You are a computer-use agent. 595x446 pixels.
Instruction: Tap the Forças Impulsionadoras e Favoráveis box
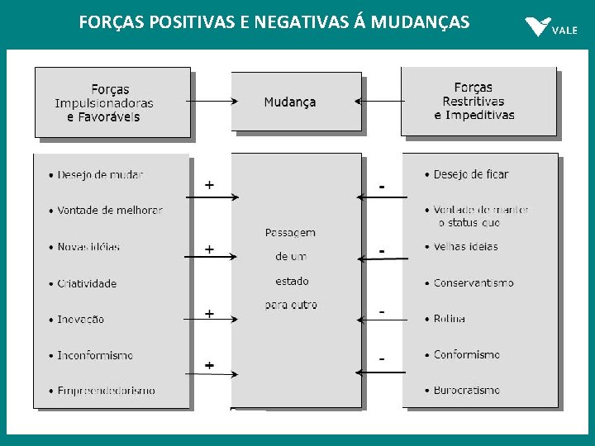tap(112, 102)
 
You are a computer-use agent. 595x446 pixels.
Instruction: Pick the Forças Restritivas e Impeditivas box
tap(478, 101)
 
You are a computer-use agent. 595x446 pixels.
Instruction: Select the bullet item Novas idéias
tap(88, 247)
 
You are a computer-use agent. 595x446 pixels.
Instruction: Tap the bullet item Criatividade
tap(87, 283)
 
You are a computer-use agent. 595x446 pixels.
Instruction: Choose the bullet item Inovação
tap(81, 320)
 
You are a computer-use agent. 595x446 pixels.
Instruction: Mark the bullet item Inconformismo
tap(95, 355)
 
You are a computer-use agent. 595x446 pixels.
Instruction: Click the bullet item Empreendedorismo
tap(106, 391)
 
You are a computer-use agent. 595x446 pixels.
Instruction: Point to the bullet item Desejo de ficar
tap(470, 174)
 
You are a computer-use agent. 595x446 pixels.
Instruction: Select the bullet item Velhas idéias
tap(465, 246)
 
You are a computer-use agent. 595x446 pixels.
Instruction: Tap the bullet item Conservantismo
tap(474, 282)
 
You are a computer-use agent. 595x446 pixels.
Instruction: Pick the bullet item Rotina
tap(449, 319)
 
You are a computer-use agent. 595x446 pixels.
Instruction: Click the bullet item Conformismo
tap(467, 354)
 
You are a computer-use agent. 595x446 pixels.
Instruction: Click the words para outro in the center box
tap(291, 305)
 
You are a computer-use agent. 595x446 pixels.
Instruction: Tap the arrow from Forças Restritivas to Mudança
tap(381, 102)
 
